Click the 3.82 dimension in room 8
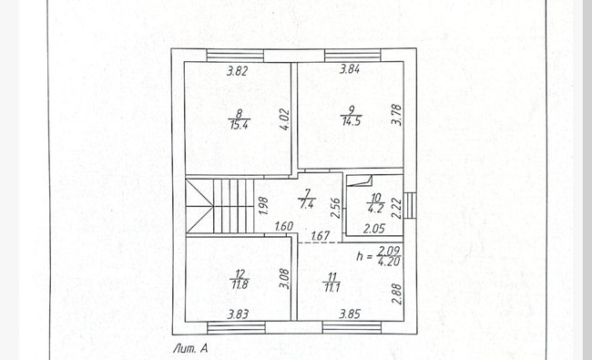coord(237,71)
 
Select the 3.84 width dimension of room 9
coord(350,69)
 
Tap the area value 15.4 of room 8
coord(239,125)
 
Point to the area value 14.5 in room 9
coord(352,121)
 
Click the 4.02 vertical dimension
coord(285,119)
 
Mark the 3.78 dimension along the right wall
coord(396,115)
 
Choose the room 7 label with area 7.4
coord(307,199)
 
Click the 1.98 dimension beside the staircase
coord(264,206)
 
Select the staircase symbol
coord(219,206)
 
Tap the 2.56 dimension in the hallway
coord(336,208)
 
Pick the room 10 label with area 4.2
coord(375,203)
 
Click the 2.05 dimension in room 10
coord(374,229)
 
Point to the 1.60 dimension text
coord(284,226)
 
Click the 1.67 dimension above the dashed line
coord(321,236)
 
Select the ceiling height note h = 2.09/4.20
coord(378,256)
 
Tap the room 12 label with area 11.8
coord(240,279)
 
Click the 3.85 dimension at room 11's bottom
coord(350,314)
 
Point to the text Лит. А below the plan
coord(190,349)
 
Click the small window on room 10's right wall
coord(410,205)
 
